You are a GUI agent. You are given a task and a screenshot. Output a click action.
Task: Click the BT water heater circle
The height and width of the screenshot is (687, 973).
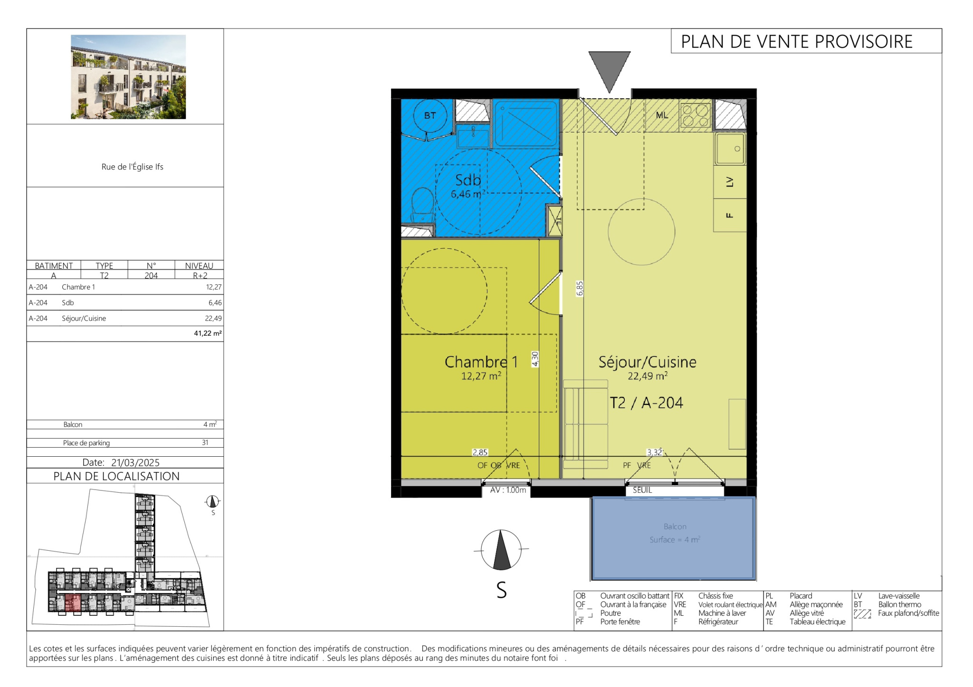pos(430,115)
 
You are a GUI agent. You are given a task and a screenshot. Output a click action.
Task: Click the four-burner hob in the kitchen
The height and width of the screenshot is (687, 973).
pos(696,115)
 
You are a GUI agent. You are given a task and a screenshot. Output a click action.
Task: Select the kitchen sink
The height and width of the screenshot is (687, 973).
pos(730,149)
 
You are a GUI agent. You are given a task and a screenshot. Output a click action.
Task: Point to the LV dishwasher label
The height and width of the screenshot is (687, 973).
pos(730,182)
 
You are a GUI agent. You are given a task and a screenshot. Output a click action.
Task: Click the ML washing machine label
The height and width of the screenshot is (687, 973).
pos(662,115)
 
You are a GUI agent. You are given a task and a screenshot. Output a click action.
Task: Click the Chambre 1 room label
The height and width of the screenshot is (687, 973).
pos(481,362)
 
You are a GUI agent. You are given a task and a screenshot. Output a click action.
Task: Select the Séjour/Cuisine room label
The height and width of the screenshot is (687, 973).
pos(648,362)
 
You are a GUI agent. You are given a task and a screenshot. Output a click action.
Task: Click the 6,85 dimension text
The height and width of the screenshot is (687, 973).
pos(580,289)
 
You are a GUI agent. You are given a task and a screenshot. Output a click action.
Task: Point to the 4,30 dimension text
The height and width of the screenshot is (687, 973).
pos(535,359)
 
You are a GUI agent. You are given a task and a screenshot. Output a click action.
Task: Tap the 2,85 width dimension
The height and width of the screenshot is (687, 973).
pos(480,452)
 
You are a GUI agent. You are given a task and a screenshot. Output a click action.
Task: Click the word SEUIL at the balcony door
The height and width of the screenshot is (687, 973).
pos(642,490)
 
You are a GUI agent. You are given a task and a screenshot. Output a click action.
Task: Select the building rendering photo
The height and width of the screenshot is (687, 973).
pos(128,77)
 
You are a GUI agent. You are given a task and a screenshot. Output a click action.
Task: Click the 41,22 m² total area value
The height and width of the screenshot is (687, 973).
pos(208,333)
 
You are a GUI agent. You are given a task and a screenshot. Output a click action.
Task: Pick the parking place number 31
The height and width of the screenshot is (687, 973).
pos(205,442)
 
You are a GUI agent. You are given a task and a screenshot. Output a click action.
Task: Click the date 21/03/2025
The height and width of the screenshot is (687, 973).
pos(135,462)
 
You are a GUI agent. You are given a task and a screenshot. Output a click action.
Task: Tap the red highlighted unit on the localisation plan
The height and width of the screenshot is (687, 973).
pos(73,603)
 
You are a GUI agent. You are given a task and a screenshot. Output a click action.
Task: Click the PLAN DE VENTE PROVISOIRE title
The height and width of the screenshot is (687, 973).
pos(797,42)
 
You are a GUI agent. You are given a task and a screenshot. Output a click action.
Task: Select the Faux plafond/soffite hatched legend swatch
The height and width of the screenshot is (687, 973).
pos(862,614)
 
